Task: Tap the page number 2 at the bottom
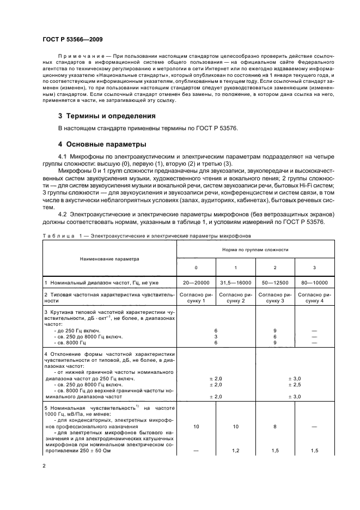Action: coord(44,466)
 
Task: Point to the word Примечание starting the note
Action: coord(77,57)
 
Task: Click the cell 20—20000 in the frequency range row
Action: coord(197,283)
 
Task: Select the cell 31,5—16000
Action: coord(235,283)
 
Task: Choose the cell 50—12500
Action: coord(274,283)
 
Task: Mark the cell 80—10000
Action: coord(314,283)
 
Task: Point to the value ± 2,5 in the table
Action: coord(294,385)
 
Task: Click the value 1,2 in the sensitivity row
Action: coord(235,451)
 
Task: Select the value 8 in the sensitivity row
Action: coord(274,427)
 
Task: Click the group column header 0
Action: coord(197,268)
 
